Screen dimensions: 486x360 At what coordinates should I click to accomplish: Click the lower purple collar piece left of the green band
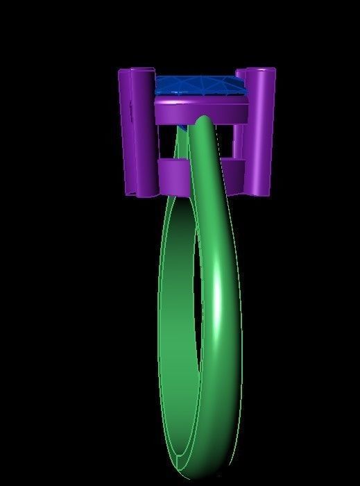click(x=172, y=174)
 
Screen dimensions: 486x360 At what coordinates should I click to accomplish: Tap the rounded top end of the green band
click(x=205, y=125)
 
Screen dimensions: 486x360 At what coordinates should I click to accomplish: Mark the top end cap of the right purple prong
click(x=262, y=71)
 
